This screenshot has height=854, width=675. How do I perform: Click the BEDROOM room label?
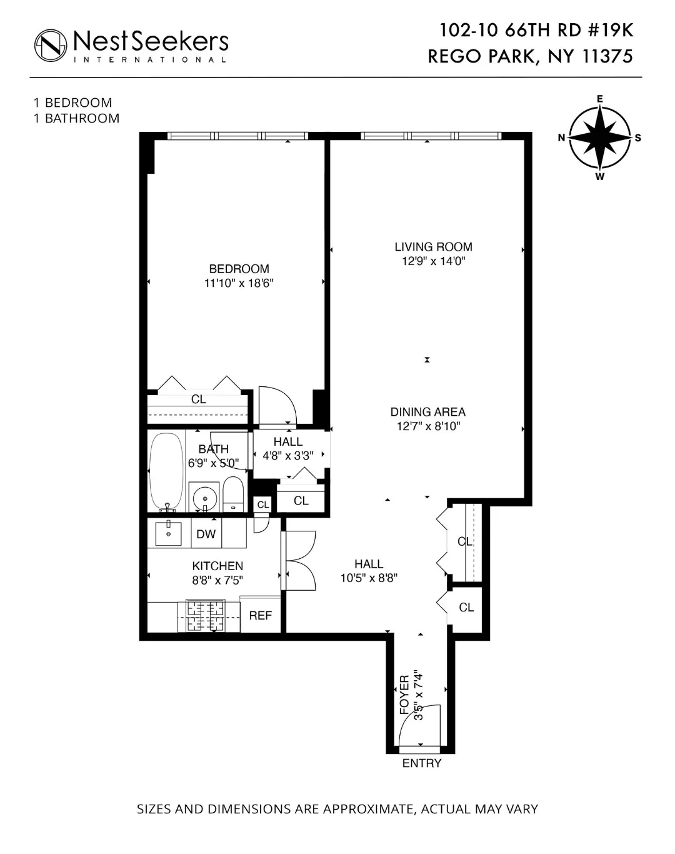(x=239, y=269)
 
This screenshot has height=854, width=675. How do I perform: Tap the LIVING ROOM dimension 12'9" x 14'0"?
(x=433, y=261)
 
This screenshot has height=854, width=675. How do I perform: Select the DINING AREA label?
(x=427, y=412)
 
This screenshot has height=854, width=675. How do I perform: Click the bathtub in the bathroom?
(x=167, y=471)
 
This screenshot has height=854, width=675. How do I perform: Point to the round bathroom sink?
(x=204, y=498)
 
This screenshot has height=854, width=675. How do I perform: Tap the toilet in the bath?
(x=233, y=496)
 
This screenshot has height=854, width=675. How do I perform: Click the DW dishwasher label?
(x=206, y=534)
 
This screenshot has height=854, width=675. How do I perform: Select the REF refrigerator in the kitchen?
(x=260, y=615)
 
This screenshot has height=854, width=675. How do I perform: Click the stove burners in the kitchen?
(x=205, y=616)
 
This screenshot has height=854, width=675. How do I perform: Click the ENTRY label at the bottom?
(x=422, y=763)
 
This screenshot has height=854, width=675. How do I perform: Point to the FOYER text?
(x=404, y=694)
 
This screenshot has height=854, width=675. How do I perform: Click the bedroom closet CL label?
(x=198, y=399)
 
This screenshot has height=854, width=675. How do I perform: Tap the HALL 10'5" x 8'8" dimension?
(x=369, y=578)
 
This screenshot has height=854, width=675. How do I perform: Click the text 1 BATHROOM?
(x=76, y=119)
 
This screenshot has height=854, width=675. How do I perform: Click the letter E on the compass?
(x=599, y=99)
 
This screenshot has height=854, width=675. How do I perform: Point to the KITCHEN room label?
(x=217, y=566)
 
